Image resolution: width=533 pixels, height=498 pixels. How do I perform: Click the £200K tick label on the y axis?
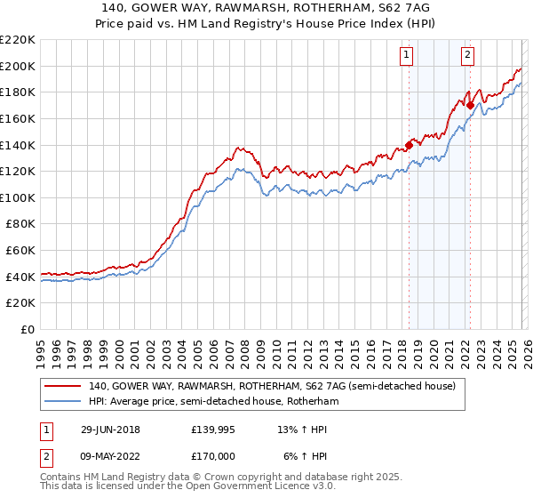(x=17, y=66)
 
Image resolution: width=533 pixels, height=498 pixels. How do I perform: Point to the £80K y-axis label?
(x=20, y=224)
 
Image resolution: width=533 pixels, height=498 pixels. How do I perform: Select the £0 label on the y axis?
(x=27, y=330)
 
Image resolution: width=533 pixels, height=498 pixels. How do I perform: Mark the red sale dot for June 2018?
(x=409, y=145)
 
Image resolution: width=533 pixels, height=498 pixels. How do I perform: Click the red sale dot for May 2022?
(x=469, y=105)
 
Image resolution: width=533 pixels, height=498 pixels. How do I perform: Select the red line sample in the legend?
(x=61, y=387)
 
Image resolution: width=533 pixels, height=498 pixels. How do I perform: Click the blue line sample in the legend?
(x=61, y=402)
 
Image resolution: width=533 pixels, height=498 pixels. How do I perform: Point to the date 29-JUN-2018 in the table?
(x=109, y=430)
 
